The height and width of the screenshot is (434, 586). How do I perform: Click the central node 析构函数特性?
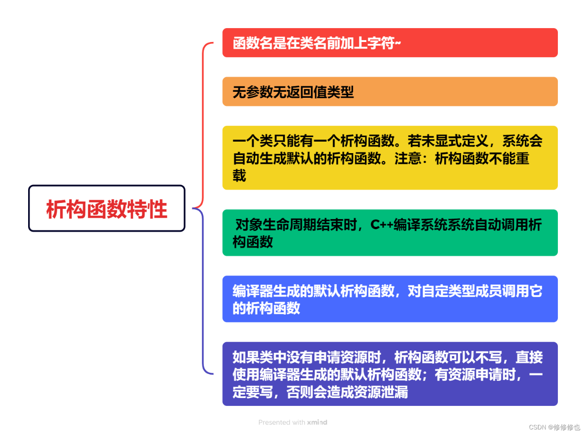coord(107,208)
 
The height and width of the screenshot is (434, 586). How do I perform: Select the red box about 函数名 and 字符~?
coord(390,42)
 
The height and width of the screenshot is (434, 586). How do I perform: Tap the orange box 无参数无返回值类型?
coord(390,91)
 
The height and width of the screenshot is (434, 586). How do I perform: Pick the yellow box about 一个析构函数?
coord(390,157)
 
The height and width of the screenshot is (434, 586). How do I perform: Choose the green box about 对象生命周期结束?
coord(390,232)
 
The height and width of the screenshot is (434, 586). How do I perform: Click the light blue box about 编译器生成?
coord(390,299)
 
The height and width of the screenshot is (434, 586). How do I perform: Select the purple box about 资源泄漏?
coord(390,374)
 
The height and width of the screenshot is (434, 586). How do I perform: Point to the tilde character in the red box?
coord(398,42)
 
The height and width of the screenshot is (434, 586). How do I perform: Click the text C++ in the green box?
coord(382,225)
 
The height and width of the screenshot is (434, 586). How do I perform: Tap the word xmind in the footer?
coord(317,422)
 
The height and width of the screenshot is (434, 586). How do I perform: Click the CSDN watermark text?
coord(554,427)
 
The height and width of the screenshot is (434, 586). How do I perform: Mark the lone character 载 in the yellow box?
coord(239,175)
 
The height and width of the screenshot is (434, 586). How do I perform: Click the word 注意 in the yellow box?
coord(408,158)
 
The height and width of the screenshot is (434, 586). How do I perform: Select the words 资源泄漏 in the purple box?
coord(381,392)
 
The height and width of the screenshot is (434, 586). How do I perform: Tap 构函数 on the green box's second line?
coord(252,242)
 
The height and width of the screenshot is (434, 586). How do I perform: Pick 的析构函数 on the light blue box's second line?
coord(266,308)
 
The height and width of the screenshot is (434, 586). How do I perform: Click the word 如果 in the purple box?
coord(246,357)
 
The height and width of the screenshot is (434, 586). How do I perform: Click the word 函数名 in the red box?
coord(252,43)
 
